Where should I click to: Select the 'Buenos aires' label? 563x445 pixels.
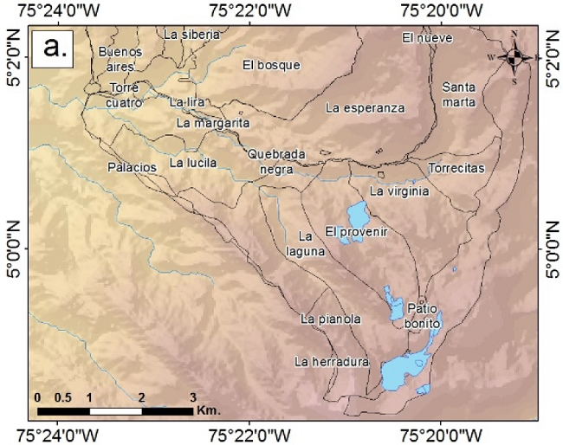(x=118, y=59)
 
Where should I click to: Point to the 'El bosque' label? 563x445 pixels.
(x=271, y=65)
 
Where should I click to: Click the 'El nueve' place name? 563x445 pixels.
(x=422, y=38)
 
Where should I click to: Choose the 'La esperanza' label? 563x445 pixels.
(x=366, y=108)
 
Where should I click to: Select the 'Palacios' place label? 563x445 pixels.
(x=133, y=166)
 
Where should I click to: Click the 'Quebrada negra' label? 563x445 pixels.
(x=276, y=162)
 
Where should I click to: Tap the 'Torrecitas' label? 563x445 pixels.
(x=456, y=167)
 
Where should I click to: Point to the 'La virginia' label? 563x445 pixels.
(x=398, y=191)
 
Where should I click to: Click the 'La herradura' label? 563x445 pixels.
(x=332, y=362)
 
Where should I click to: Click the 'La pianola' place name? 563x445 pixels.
(x=330, y=319)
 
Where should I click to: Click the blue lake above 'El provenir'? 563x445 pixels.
(x=357, y=213)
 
